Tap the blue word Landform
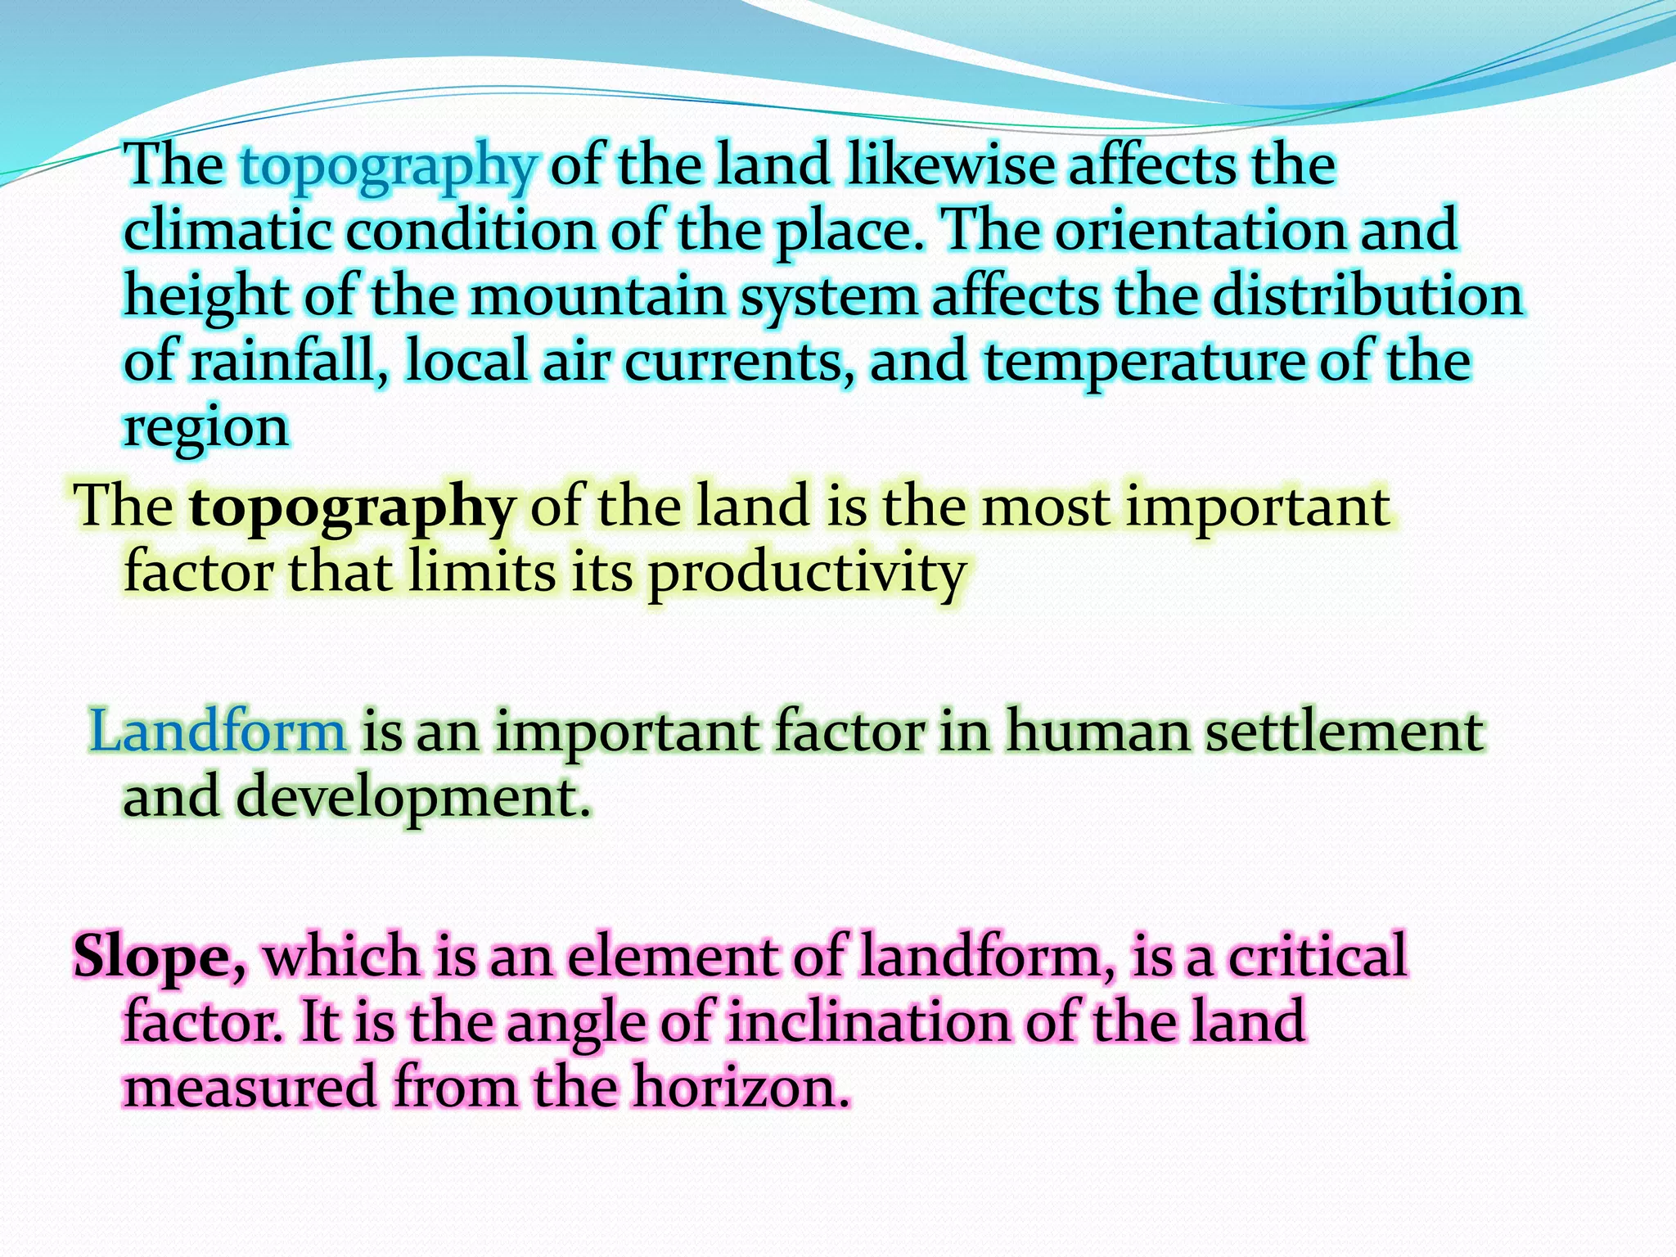coord(218,731)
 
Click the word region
coord(206,429)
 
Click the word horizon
coord(741,1088)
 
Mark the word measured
coord(250,1088)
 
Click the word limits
coord(482,572)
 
